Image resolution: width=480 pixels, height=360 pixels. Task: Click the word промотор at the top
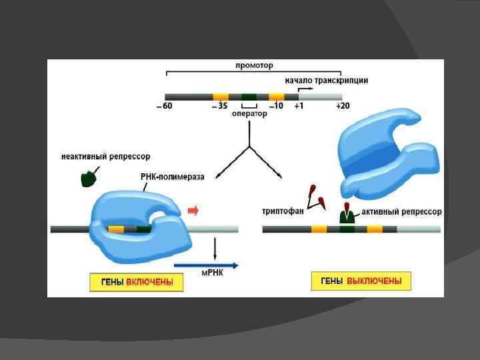pyautogui.click(x=254, y=65)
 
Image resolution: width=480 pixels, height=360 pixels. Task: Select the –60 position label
pyautogui.click(x=165, y=107)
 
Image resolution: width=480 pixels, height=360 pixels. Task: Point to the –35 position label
pyautogui.click(x=219, y=107)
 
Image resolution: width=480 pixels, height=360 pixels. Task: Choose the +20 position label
pyautogui.click(x=343, y=107)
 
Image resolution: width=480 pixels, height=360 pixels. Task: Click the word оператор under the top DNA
pyautogui.click(x=249, y=114)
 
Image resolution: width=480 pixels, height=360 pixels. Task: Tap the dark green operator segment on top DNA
pyautogui.click(x=249, y=97)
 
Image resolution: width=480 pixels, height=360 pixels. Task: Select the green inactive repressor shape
pyautogui.click(x=87, y=178)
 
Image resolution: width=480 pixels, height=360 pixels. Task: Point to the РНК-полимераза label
pyautogui.click(x=173, y=177)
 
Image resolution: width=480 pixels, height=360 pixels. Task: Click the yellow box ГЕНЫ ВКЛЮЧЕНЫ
pyautogui.click(x=137, y=282)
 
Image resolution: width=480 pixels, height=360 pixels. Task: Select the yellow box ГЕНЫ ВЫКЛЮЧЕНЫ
pyautogui.click(x=361, y=281)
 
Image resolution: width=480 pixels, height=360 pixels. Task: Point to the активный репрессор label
pyautogui.click(x=401, y=211)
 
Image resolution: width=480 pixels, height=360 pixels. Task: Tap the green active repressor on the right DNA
pyautogui.click(x=347, y=216)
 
